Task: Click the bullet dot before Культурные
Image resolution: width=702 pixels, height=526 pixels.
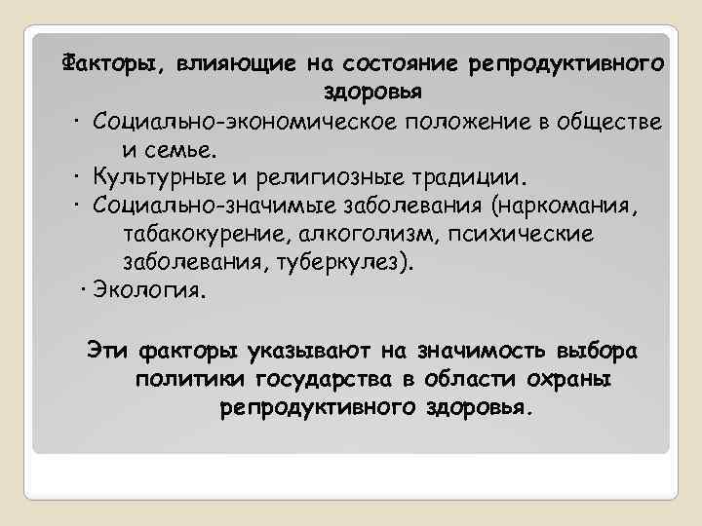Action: click(x=75, y=179)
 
